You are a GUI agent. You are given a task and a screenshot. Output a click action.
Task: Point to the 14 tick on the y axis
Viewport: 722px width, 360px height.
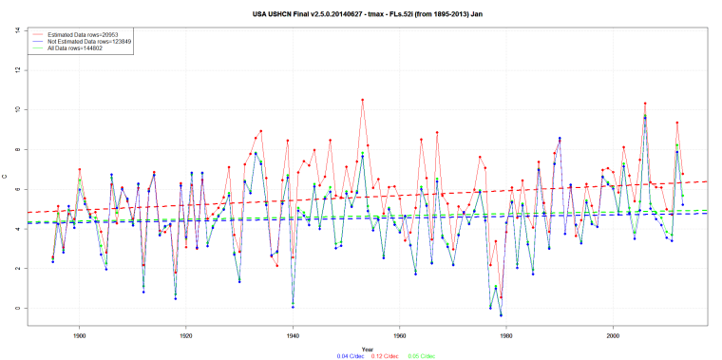click(x=18, y=30)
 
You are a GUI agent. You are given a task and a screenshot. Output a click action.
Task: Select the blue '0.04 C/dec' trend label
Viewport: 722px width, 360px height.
click(x=325, y=355)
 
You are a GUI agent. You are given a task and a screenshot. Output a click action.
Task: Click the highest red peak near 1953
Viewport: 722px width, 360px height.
click(x=362, y=100)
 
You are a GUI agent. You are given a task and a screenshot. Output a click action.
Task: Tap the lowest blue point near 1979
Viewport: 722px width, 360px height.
click(x=501, y=314)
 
